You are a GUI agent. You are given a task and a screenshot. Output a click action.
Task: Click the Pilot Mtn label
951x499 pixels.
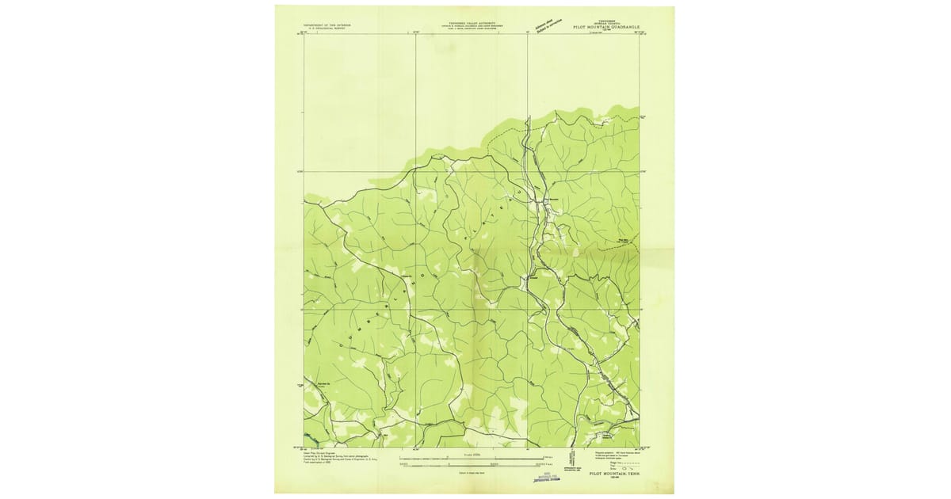pos(625,243)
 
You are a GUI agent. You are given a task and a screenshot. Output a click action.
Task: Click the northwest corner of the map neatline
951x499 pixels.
pos(304,34)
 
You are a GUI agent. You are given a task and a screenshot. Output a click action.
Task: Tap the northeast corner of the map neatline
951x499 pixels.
pos(640,34)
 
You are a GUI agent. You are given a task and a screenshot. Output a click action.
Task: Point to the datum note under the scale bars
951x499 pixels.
pos(473,472)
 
